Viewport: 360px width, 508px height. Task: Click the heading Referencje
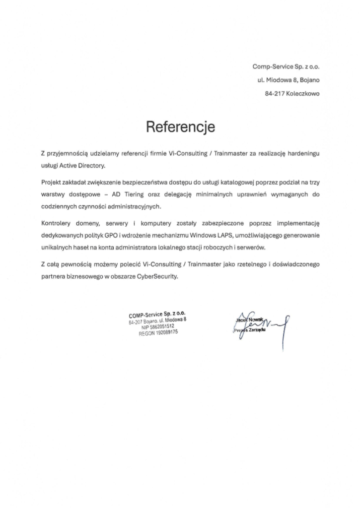[180, 127]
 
